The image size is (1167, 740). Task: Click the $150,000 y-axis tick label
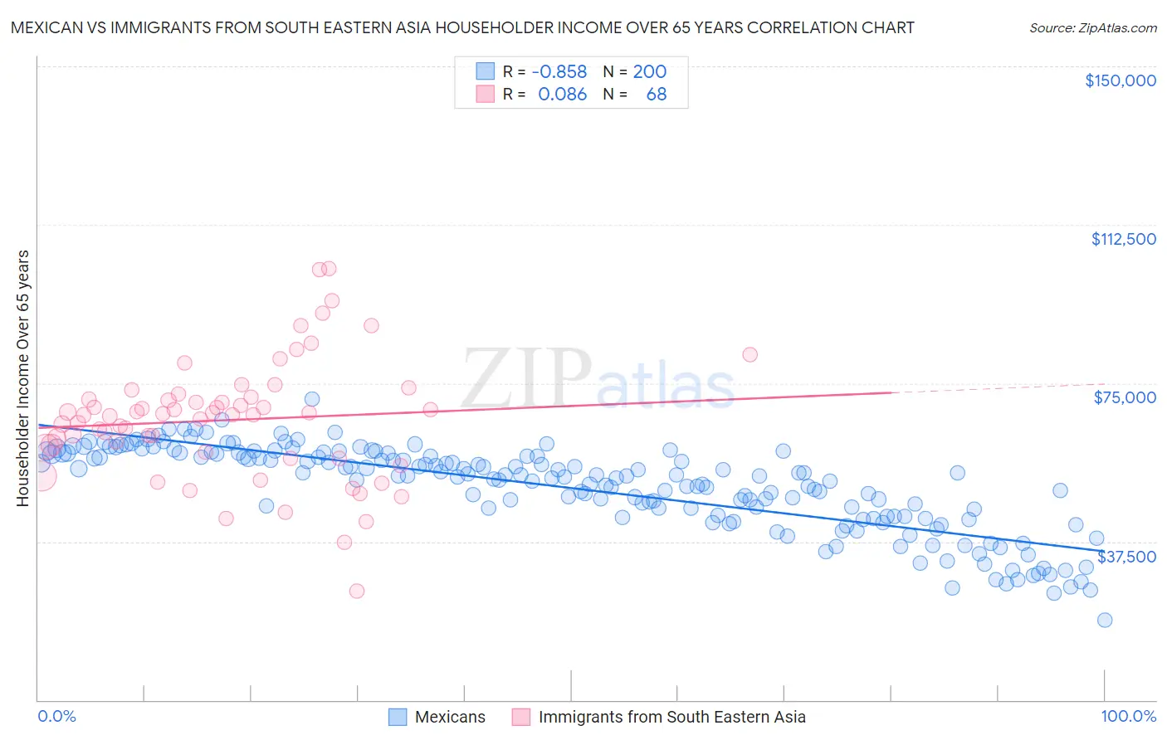[x=1120, y=80]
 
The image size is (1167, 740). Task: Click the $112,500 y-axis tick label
[x=1123, y=239]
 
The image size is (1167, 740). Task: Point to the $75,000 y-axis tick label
[x=1125, y=397]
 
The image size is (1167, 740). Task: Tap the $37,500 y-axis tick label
[x=1126, y=557]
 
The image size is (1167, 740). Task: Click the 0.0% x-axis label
[x=56, y=717]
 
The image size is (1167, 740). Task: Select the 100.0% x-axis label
[x=1128, y=717]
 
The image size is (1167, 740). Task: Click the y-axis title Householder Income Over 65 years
[x=22, y=378]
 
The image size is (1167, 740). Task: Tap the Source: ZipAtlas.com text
[x=1092, y=27]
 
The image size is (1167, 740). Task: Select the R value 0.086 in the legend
[x=562, y=95]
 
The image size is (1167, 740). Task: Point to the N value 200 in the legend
[x=649, y=72]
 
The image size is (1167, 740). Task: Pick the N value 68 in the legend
[x=656, y=95]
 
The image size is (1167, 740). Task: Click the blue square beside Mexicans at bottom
[x=398, y=718]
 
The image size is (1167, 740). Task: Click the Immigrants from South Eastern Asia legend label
[x=671, y=718]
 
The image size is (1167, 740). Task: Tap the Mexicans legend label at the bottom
[x=450, y=718]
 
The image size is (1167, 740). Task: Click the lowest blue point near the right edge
[x=1104, y=620]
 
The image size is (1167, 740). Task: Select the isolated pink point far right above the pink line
[x=750, y=354]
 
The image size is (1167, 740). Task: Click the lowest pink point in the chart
[x=357, y=591]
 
